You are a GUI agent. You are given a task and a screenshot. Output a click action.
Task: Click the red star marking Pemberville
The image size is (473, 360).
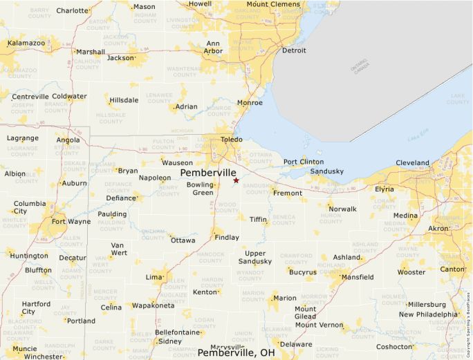click(236, 180)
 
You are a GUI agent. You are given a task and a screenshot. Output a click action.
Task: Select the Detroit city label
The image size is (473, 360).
click(293, 50)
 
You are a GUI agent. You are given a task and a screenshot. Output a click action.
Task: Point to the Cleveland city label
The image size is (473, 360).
click(412, 163)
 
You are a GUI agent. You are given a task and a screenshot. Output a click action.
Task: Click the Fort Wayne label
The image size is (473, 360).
click(71, 222)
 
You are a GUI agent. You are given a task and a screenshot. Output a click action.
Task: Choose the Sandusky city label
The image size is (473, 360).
click(326, 171)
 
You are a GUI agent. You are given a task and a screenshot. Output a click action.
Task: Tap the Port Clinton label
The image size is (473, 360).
click(303, 162)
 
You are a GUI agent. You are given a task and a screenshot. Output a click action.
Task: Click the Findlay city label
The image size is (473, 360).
click(227, 237)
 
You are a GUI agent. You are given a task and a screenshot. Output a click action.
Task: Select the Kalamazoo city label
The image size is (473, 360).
click(26, 43)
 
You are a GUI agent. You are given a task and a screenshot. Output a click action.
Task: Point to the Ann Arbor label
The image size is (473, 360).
click(214, 47)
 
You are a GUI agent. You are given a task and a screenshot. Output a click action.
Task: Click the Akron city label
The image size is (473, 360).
click(438, 228)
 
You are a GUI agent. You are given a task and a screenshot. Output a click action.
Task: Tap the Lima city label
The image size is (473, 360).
click(154, 276)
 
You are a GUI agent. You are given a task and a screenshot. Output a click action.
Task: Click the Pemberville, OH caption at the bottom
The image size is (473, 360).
click(236, 352)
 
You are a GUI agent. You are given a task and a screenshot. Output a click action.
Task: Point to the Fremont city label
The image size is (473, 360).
click(288, 193)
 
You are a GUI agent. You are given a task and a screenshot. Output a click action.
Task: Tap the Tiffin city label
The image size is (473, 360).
click(258, 219)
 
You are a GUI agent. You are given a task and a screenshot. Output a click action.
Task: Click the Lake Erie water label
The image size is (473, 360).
click(418, 139)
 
